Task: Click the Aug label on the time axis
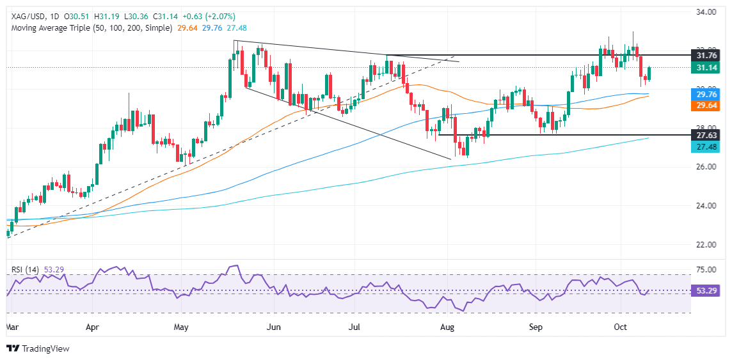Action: (448, 327)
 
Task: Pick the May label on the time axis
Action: (182, 327)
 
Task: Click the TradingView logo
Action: (38, 348)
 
